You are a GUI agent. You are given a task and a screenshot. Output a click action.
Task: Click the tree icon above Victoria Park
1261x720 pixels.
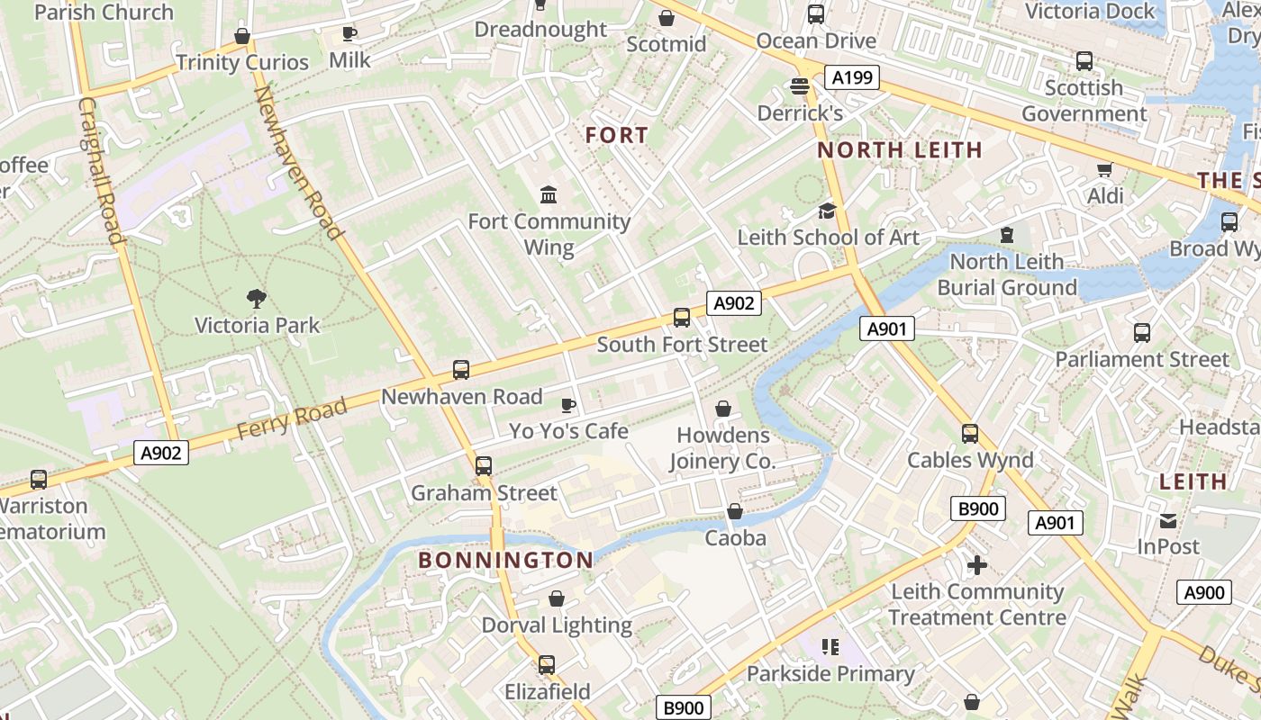257,298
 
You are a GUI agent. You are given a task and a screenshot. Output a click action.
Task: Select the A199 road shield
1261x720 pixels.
852,77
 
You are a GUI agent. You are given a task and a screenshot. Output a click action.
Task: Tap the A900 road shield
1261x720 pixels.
1203,592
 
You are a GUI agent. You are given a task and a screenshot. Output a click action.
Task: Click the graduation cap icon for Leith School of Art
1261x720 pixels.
827,211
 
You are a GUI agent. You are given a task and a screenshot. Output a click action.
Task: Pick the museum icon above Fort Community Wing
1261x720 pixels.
548,194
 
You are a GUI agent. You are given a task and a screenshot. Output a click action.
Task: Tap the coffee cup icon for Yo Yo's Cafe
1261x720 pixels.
567,405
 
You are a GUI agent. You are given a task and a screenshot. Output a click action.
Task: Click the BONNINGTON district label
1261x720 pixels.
506,560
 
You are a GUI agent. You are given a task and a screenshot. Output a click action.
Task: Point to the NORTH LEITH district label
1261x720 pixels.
899,150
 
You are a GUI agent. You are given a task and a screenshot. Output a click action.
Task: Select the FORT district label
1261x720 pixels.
617,136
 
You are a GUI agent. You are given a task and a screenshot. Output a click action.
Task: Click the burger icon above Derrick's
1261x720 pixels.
799,86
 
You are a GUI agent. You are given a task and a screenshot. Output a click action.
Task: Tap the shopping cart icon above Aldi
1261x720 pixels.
1104,169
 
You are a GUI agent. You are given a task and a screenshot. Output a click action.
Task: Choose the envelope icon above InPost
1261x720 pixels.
1168,520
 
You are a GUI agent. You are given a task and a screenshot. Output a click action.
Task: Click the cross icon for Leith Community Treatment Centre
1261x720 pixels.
976,565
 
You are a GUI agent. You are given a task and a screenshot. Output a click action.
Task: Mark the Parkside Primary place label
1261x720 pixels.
830,673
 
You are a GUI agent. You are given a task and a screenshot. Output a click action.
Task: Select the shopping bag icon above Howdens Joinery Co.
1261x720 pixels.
722,409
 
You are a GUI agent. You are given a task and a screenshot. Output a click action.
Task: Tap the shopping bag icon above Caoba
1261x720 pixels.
735,511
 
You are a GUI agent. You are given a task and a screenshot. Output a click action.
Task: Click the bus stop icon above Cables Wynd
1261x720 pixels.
970,434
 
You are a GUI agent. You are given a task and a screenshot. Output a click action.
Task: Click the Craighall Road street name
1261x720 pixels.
101,170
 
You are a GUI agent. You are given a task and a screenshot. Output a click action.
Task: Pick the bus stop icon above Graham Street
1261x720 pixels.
484,466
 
